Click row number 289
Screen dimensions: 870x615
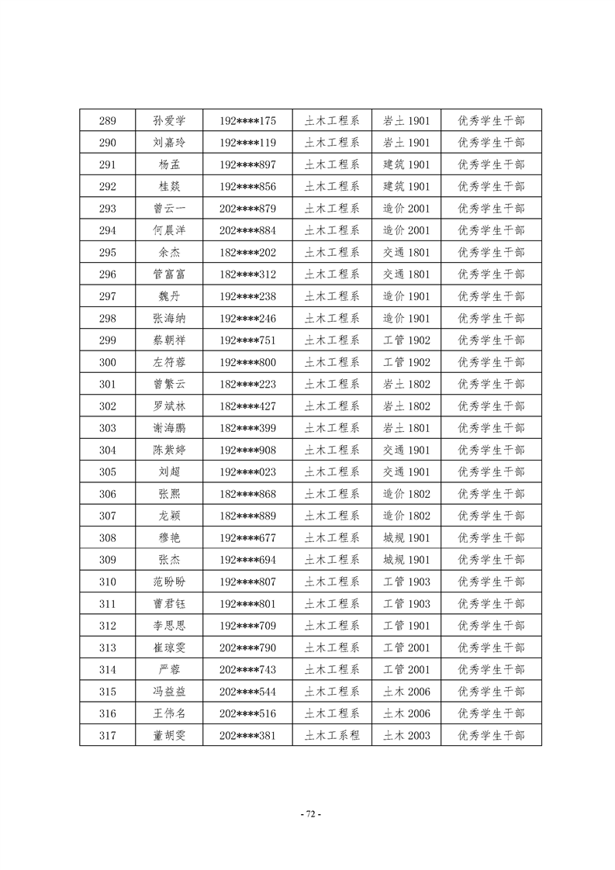click(x=108, y=121)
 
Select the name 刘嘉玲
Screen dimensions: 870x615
click(x=170, y=143)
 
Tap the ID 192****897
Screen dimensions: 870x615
click(x=247, y=164)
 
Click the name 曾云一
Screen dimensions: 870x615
click(x=170, y=209)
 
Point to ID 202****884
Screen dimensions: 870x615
click(x=247, y=230)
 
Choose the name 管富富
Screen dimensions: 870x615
click(x=170, y=274)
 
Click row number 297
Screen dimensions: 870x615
click(x=108, y=296)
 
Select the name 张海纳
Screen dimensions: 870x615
click(x=170, y=318)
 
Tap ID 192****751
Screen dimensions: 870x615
click(x=247, y=340)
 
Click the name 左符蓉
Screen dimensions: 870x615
click(x=170, y=362)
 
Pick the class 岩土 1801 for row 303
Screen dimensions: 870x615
click(x=406, y=428)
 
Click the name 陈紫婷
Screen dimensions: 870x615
click(x=170, y=450)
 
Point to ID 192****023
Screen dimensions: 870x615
click(x=247, y=472)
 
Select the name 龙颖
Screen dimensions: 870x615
click(x=170, y=516)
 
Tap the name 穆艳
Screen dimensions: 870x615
click(x=170, y=538)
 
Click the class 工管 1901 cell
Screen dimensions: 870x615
click(x=406, y=626)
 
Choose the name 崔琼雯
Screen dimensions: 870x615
click(x=170, y=647)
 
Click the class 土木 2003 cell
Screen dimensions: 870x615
click(x=406, y=735)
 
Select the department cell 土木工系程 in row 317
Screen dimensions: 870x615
click(x=332, y=735)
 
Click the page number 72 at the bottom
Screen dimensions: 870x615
click(x=309, y=814)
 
